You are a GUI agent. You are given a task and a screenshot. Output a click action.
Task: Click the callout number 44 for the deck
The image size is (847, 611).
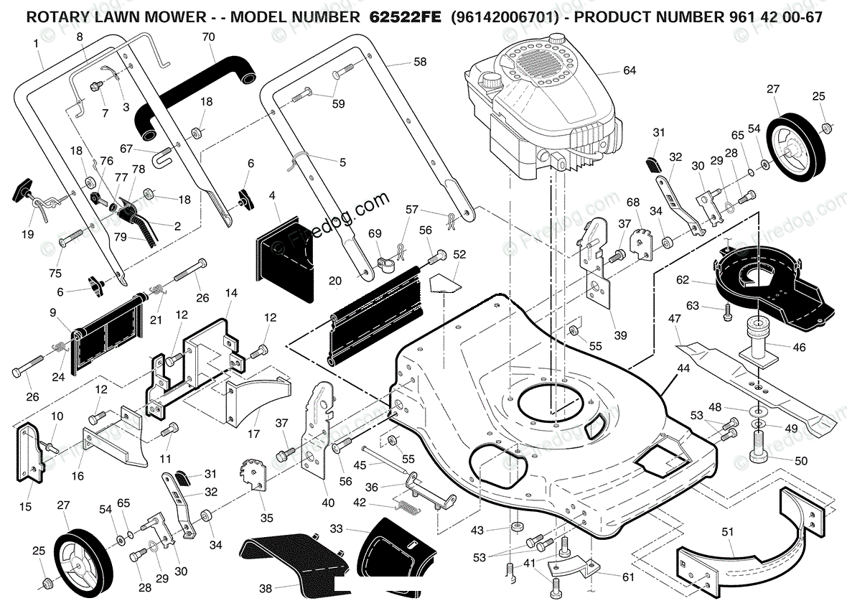point(683,368)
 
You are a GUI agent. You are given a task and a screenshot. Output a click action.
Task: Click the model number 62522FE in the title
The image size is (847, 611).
point(405,17)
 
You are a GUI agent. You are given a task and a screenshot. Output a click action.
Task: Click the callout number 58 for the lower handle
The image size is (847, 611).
point(420,62)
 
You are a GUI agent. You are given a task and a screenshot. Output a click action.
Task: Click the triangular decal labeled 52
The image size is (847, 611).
point(444,283)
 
